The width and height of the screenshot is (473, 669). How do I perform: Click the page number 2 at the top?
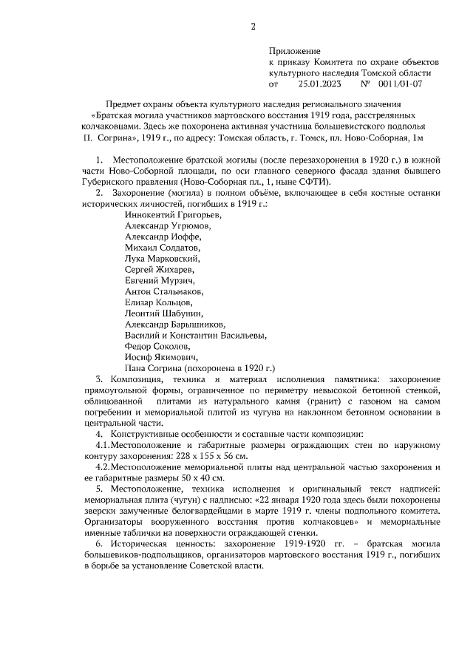(253, 27)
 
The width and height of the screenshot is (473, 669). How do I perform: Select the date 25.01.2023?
(319, 84)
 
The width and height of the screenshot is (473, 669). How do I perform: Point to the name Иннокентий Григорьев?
(172, 214)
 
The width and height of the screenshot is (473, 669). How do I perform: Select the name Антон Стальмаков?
(167, 291)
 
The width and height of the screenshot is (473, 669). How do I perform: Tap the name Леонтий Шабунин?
(164, 313)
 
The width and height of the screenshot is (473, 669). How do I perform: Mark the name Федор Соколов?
(157, 346)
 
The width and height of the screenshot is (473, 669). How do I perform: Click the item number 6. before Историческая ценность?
(100, 543)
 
